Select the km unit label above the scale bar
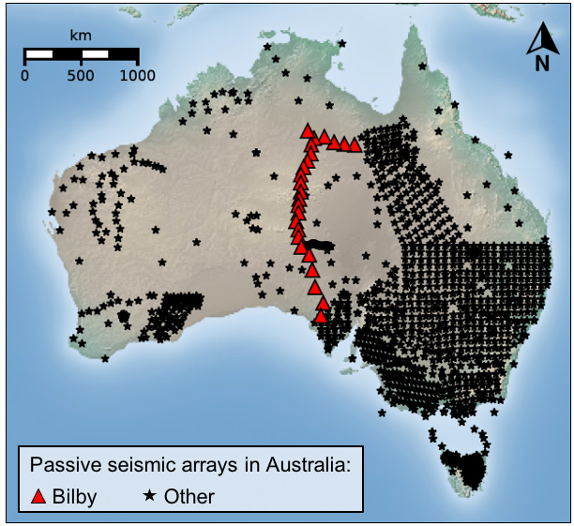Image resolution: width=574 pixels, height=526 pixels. pyautogui.click(x=81, y=35)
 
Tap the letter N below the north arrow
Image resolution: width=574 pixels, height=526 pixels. pyautogui.click(x=542, y=64)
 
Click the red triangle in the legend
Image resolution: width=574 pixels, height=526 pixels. pyautogui.click(x=38, y=497)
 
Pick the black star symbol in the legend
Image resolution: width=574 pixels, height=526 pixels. pyautogui.click(x=149, y=496)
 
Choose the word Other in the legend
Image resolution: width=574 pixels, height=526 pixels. pyautogui.click(x=189, y=497)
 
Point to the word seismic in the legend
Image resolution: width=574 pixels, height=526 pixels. pyautogui.click(x=129, y=465)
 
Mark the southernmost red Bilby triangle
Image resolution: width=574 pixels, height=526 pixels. pyautogui.click(x=321, y=316)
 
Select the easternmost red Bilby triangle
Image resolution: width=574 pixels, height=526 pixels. pyautogui.click(x=355, y=145)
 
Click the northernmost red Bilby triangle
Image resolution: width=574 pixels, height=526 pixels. pyautogui.click(x=307, y=132)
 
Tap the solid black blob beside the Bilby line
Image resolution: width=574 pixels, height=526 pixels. pyautogui.click(x=318, y=246)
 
